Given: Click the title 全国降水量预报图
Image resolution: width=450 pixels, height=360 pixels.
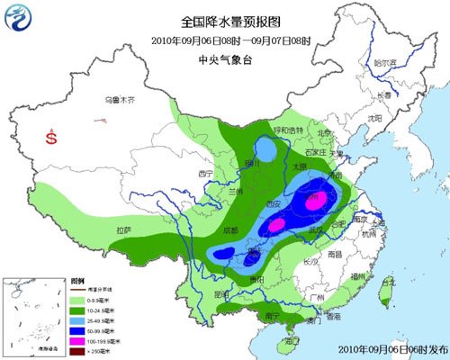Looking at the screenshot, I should pyautogui.click(x=224, y=19).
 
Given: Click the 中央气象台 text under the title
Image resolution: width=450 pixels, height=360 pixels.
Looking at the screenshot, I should pyautogui.click(x=224, y=60).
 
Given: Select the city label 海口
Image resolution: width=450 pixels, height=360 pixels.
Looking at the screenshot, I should pyautogui.click(x=291, y=342).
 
